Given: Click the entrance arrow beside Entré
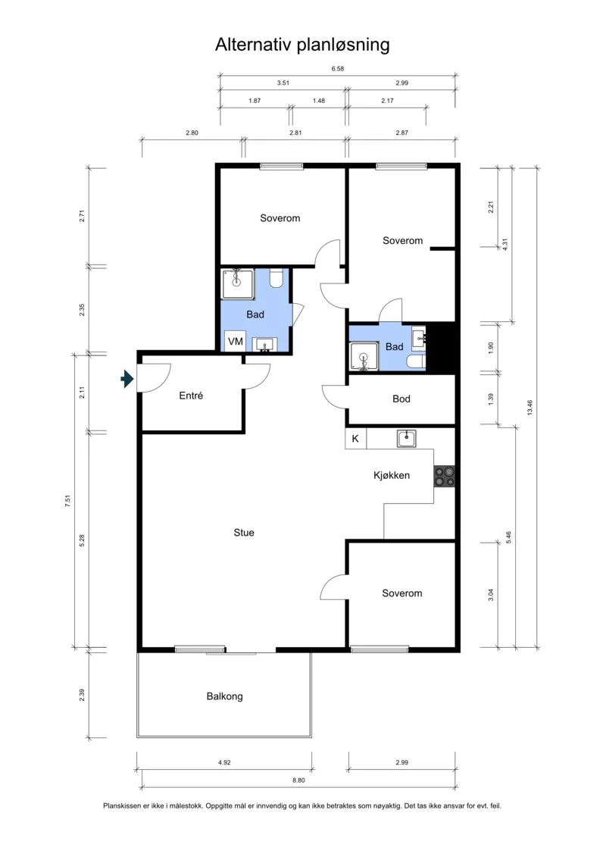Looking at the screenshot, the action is (x=127, y=378).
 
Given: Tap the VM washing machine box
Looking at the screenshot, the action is (x=235, y=342).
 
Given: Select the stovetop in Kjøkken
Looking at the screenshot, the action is (x=444, y=476).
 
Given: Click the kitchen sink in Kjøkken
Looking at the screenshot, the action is (x=406, y=438).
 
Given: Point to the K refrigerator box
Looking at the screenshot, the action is (x=355, y=439).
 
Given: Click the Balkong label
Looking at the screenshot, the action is (x=224, y=696).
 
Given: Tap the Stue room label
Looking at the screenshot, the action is (x=244, y=533).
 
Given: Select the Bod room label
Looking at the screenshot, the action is (x=401, y=399).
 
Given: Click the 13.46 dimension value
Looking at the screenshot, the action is (x=529, y=408).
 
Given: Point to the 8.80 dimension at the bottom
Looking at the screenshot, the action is (x=298, y=780).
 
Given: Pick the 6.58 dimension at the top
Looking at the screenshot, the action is (x=338, y=69).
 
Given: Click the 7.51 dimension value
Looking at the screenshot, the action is (x=67, y=501).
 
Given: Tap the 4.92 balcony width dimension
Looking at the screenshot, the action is (x=224, y=762).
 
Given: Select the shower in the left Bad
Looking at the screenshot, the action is (x=238, y=284).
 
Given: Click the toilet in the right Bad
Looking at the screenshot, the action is (x=416, y=362).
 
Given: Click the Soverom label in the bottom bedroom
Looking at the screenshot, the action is (x=401, y=593).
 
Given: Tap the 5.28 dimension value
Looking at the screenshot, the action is (x=82, y=540).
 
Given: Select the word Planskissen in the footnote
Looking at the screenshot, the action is (x=121, y=805).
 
